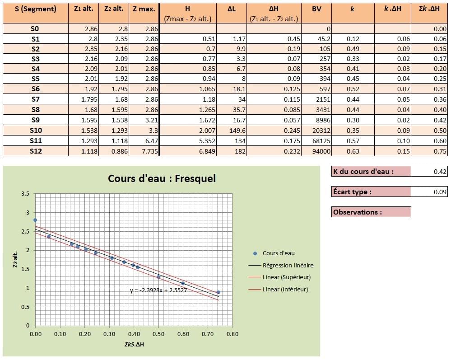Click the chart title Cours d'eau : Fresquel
coord(162,178)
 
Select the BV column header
coord(316,9)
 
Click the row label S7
coord(36,99)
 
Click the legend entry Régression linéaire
coord(288,265)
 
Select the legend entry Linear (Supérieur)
coord(286,277)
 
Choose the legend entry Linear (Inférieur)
coord(285,289)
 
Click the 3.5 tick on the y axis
coord(25,194)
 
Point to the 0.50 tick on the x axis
coord(158,334)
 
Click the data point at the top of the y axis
coord(35,220)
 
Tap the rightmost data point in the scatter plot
coord(219,292)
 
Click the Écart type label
coord(352,192)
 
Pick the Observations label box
coord(371,212)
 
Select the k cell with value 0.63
coord(353,151)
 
